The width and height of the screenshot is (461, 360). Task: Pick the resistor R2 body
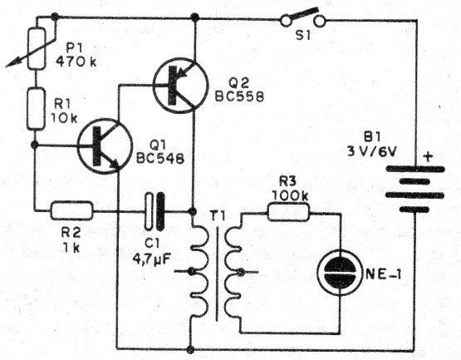71,211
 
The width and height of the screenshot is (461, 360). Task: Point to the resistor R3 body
290,212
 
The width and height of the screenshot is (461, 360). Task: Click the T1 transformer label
217,194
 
